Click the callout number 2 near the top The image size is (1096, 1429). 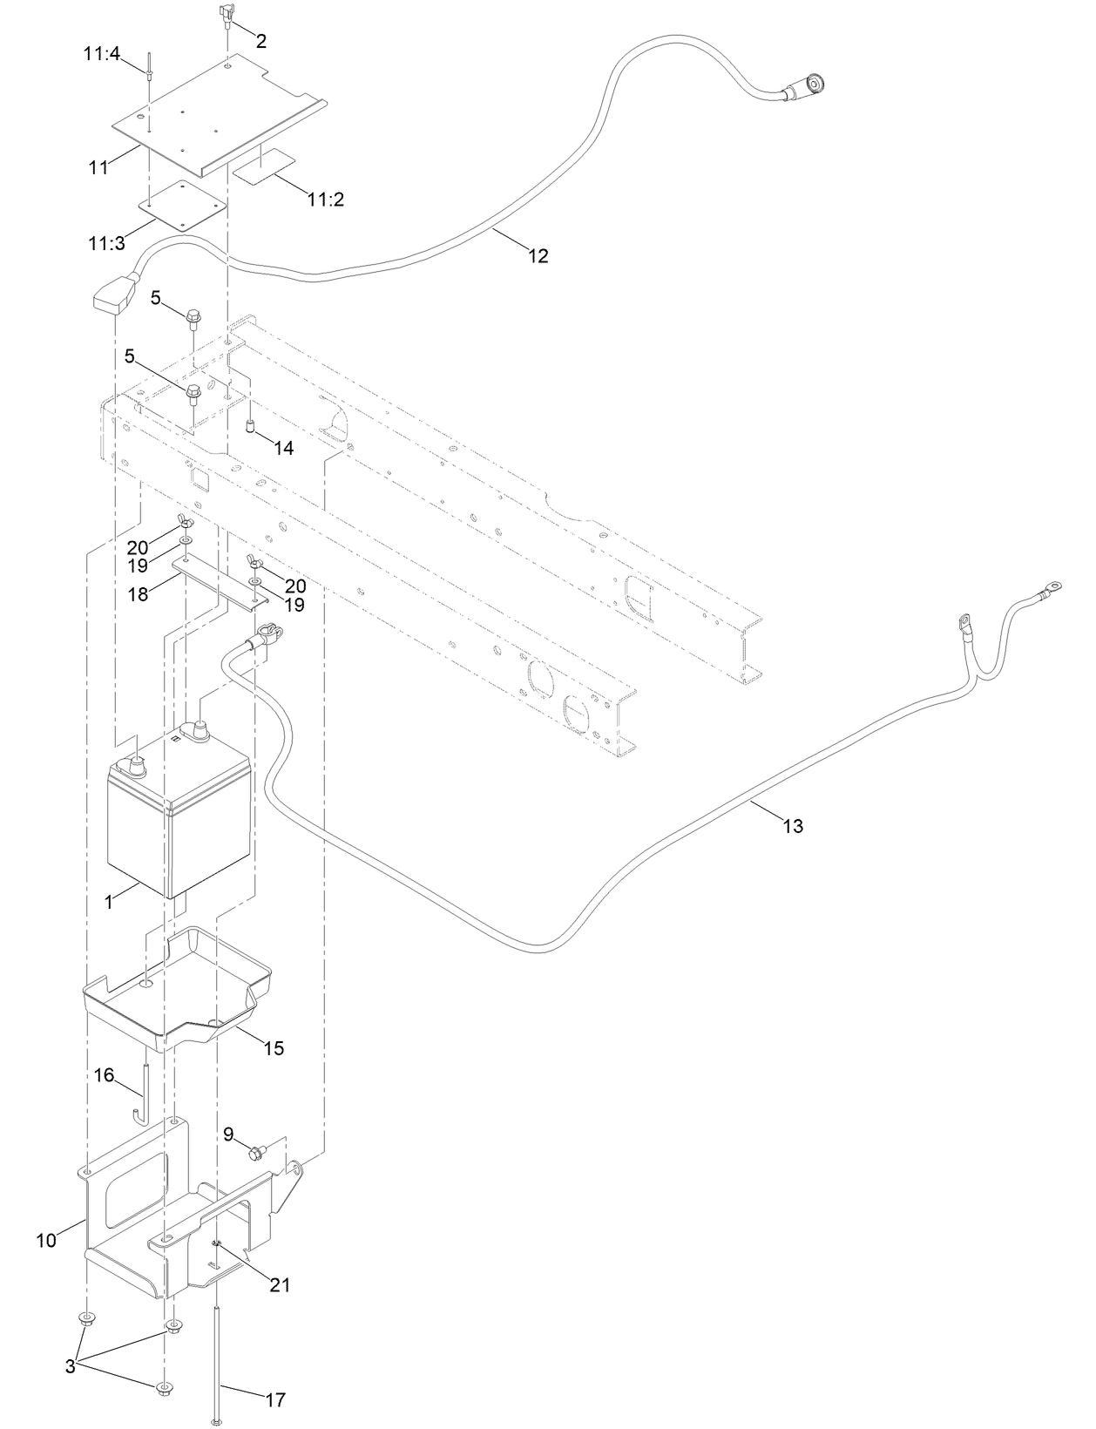[261, 40]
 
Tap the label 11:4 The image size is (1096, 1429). [101, 53]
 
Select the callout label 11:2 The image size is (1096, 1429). [326, 200]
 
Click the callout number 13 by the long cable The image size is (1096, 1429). [793, 826]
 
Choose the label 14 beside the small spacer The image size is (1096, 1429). [283, 448]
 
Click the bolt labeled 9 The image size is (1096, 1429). [255, 1154]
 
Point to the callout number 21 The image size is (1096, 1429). [280, 1284]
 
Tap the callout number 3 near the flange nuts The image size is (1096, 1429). [71, 1367]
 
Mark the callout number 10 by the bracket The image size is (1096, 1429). [46, 1239]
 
